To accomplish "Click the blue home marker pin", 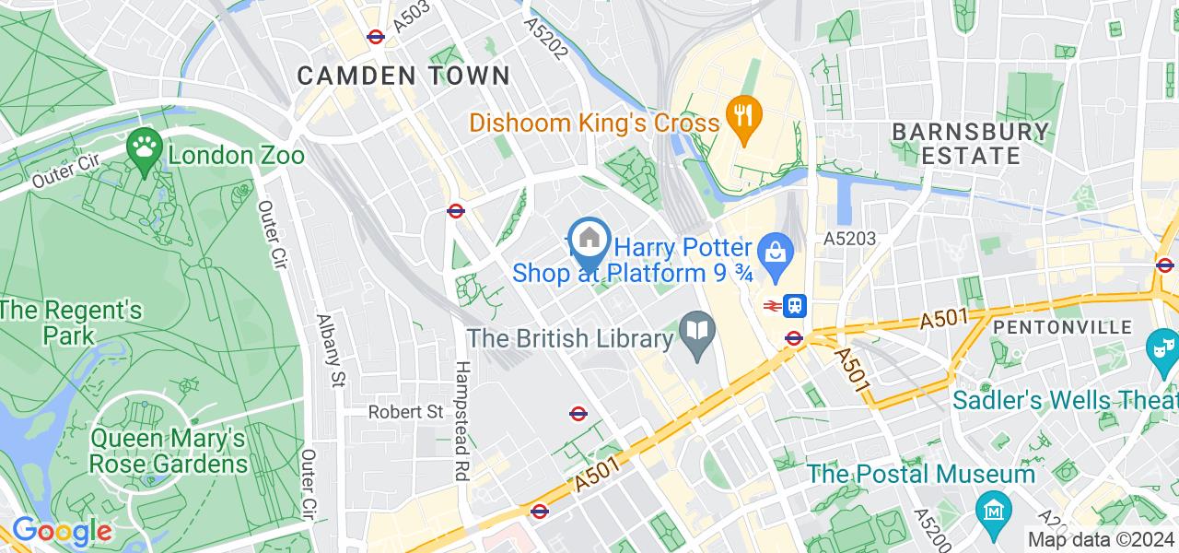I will tap(589, 240).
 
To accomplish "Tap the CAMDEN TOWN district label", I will tap(403, 76).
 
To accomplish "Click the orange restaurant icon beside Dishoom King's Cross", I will tap(741, 114).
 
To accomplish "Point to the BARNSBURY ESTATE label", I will tap(971, 143).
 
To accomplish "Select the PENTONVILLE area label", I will tap(1062, 327).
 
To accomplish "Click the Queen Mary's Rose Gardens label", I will tap(169, 451).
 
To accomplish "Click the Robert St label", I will tap(406, 412).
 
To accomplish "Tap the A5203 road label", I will tap(849, 239).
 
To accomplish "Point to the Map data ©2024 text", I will tap(1100, 540).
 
